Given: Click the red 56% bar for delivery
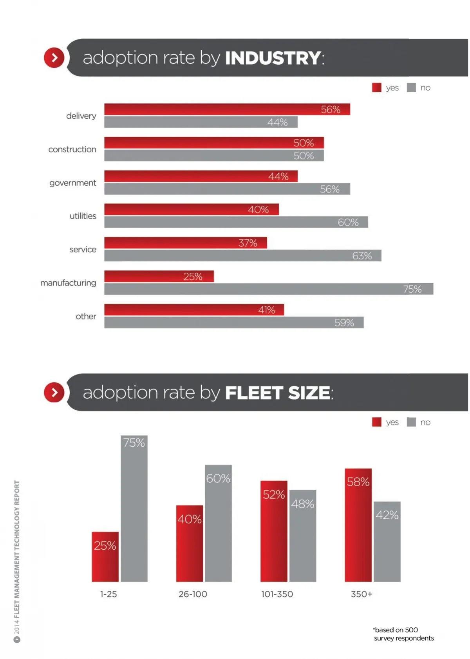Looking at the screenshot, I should (227, 109).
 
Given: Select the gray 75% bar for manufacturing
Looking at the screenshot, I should (269, 289).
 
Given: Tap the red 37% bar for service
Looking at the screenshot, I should (185, 243).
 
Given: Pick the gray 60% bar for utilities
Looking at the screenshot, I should (236, 222).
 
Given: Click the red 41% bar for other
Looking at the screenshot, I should (194, 310).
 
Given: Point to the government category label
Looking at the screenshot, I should (72, 183).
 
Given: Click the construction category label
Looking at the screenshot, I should (72, 149).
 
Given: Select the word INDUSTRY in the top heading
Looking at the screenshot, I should (273, 58).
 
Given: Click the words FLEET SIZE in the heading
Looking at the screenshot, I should (277, 393).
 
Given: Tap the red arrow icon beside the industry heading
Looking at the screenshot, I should (54, 58).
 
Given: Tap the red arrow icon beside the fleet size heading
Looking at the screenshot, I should (54, 392).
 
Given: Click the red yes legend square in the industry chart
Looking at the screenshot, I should (376, 87).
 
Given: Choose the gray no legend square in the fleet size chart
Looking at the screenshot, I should (411, 422).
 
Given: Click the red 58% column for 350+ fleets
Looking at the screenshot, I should (358, 525).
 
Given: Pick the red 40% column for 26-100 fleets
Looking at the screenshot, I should (189, 543).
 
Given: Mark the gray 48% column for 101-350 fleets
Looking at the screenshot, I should (302, 536).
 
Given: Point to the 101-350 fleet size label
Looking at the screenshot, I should (277, 594).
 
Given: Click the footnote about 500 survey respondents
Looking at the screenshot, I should (403, 634).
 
